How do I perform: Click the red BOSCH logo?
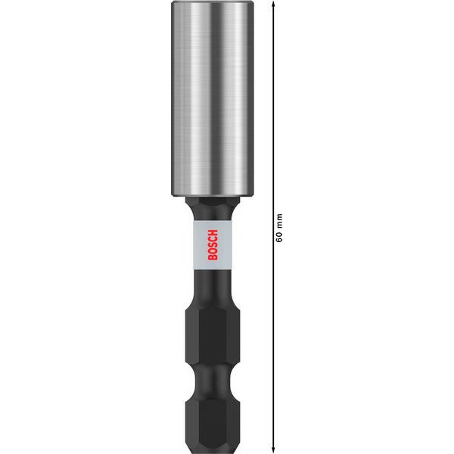(212, 244)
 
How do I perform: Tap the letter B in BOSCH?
(212, 257)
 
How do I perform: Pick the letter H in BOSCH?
(212, 230)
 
